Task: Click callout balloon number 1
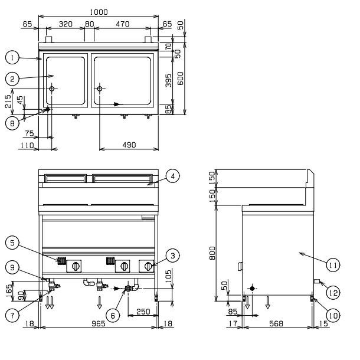(x=11, y=57)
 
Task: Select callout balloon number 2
(x=11, y=77)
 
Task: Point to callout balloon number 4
(x=173, y=175)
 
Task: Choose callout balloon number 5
(x=11, y=241)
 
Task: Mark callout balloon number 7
(x=11, y=316)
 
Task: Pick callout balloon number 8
(x=11, y=123)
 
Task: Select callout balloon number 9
(x=11, y=267)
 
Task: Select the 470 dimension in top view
(x=122, y=25)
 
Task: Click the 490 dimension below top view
(x=129, y=145)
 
